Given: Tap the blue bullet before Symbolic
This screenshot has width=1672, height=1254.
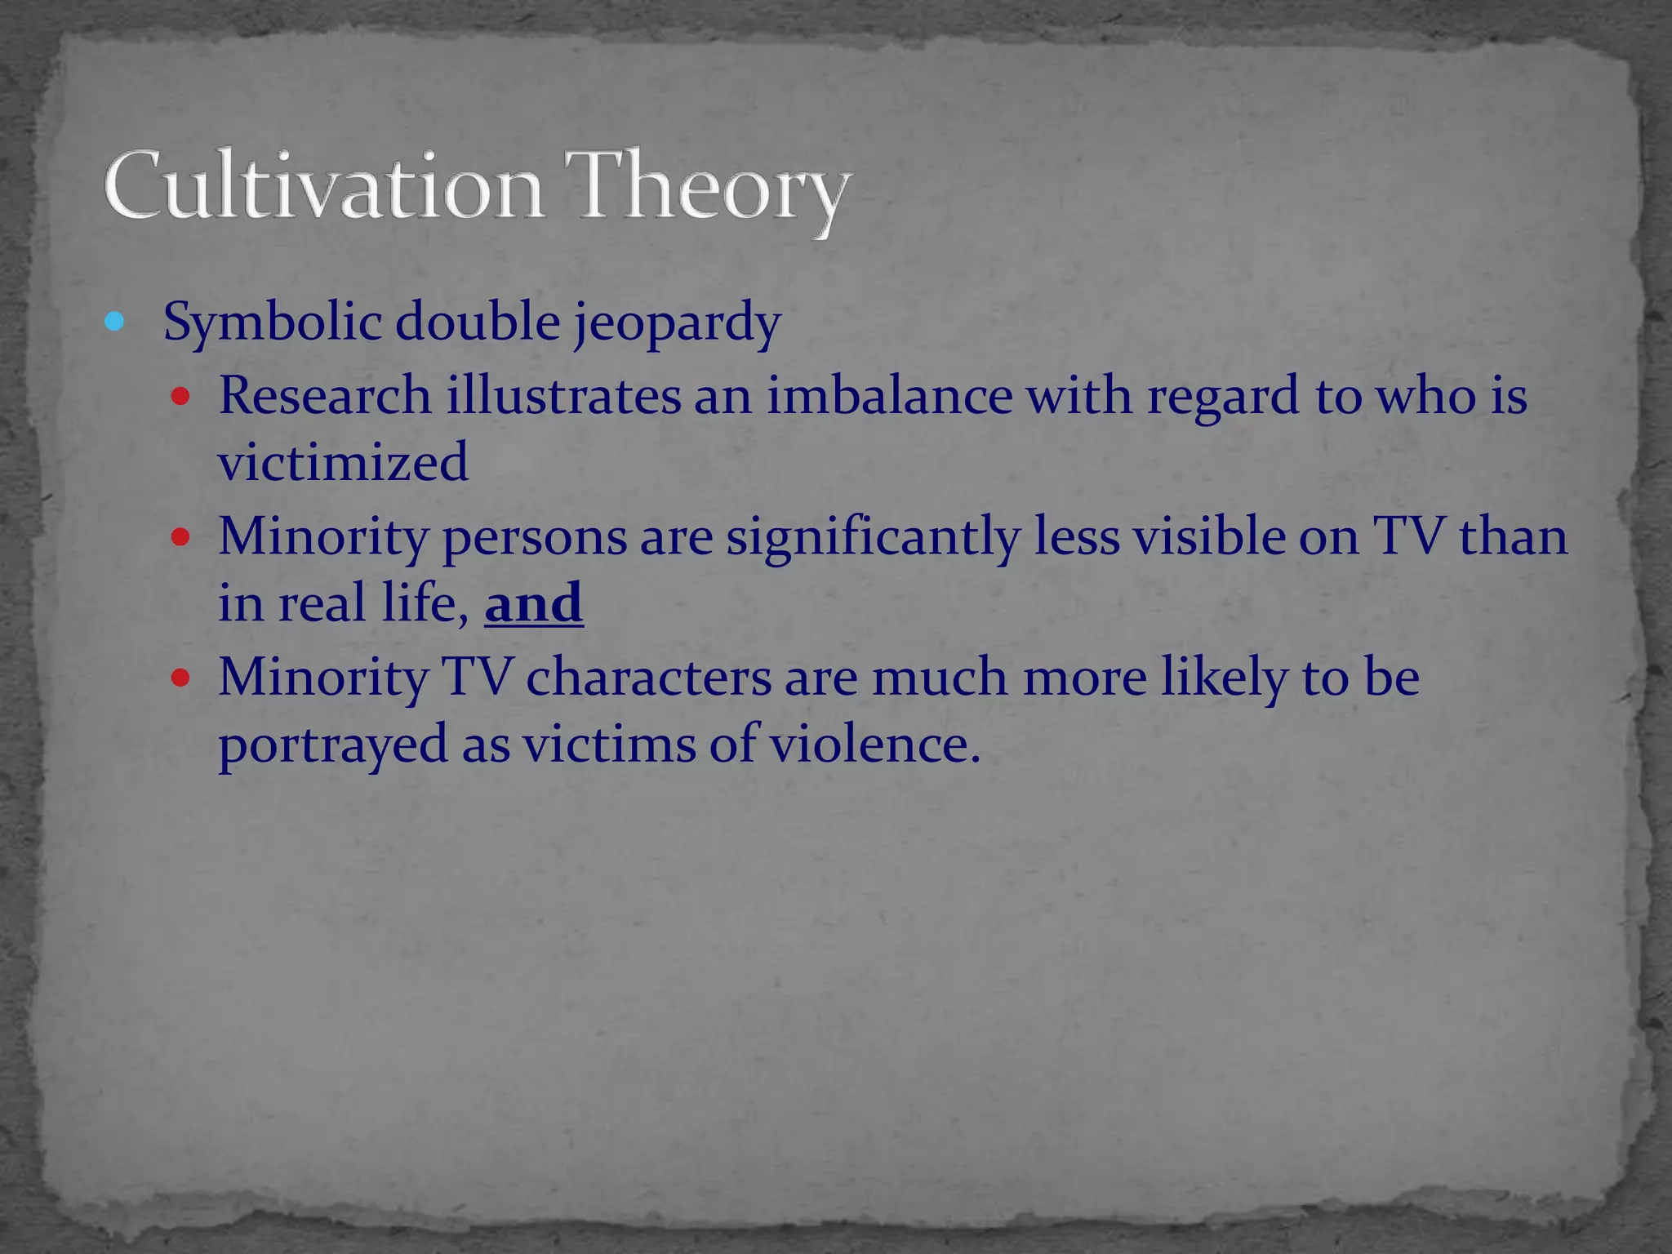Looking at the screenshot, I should click(x=114, y=322).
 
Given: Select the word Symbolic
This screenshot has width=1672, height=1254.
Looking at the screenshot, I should click(x=273, y=323).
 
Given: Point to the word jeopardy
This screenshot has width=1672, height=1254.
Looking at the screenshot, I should click(x=677, y=323).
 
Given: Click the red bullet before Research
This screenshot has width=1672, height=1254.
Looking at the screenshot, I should click(x=180, y=398).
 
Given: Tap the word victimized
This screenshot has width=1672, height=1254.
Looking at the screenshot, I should click(x=343, y=462).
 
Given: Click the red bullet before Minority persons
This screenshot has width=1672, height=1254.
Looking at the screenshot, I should click(x=180, y=538).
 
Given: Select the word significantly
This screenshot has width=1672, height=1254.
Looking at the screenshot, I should click(x=873, y=538).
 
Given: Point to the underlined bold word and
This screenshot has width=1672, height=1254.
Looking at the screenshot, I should click(x=534, y=603).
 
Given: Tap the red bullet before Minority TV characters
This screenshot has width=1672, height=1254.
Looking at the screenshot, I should click(x=180, y=678).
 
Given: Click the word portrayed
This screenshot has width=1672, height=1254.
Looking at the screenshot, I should click(x=333, y=745).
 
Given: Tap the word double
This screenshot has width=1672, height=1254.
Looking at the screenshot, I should click(x=478, y=322).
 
